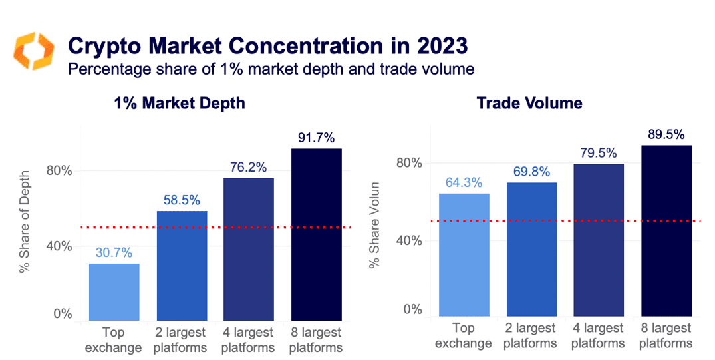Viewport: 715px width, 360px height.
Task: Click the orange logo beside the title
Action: pyautogui.click(x=33, y=51)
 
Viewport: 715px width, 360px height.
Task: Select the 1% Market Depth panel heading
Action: pyautogui.click(x=180, y=103)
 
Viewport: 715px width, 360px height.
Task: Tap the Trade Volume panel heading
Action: pyautogui.click(x=529, y=103)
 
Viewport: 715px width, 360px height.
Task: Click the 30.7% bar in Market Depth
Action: pyautogui.click(x=114, y=292)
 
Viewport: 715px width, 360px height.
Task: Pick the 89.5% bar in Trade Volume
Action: pyautogui.click(x=666, y=230)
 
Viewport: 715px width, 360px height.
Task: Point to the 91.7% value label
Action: pyautogui.click(x=317, y=139)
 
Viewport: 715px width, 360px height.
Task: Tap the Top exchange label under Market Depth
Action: pyautogui.click(x=114, y=340)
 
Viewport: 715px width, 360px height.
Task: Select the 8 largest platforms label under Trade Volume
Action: pyautogui.click(x=666, y=336)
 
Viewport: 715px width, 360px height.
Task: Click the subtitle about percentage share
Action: pyautogui.click(x=271, y=69)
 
